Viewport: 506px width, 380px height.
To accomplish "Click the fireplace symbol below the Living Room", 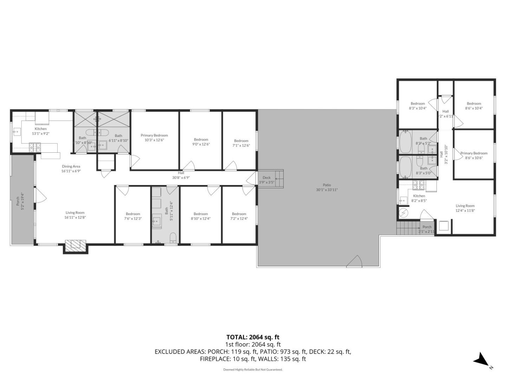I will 76,245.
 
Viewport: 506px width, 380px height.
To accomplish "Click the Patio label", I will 326,187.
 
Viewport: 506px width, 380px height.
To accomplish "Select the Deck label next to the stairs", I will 267,180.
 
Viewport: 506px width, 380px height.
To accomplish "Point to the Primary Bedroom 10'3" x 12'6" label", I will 154,138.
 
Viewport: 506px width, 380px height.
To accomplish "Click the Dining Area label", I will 71,169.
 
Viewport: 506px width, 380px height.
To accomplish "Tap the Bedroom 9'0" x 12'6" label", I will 201,141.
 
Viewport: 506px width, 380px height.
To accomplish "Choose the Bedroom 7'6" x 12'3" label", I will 133,216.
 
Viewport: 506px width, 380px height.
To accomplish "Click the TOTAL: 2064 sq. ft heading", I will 253,337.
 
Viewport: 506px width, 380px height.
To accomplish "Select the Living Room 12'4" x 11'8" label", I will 465,208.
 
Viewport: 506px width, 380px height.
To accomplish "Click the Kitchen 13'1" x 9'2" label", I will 40,131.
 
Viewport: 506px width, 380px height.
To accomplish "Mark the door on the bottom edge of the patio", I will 354,262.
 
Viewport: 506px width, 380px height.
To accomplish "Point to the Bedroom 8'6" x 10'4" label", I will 474,106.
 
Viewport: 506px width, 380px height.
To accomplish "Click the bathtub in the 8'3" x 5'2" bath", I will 406,141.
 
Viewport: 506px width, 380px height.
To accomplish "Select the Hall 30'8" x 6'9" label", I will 181,175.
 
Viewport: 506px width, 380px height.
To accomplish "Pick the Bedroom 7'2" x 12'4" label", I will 239,216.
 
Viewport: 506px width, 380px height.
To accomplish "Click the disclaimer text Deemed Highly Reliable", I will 253,369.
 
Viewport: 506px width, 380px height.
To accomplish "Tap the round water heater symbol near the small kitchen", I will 403,213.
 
